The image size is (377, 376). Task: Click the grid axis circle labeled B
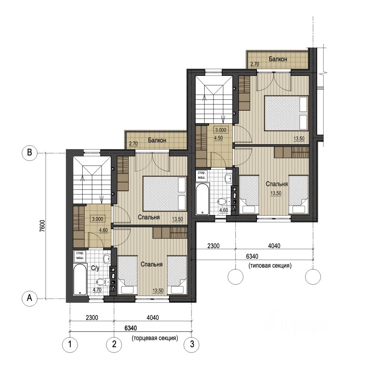(x=30, y=152)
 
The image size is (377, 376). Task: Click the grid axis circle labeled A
(x=30, y=298)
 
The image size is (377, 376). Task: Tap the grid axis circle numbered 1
(x=70, y=345)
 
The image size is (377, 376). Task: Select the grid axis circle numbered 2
(x=114, y=345)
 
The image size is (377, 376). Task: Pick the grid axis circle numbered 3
(x=191, y=345)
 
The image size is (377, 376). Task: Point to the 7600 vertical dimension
(x=42, y=226)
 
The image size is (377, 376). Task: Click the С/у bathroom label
(x=95, y=268)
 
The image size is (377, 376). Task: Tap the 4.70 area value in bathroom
(x=97, y=290)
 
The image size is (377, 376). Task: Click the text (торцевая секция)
(x=155, y=338)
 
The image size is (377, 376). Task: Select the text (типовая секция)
(x=270, y=266)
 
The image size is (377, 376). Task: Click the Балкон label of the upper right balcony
(x=278, y=59)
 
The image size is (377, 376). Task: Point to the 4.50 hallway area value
(x=218, y=138)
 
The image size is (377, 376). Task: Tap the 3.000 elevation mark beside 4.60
(x=98, y=219)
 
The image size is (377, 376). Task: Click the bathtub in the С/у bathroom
(x=80, y=280)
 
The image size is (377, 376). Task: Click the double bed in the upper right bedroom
(x=286, y=113)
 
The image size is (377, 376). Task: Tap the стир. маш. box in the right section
(x=202, y=175)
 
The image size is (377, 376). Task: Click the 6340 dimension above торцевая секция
(x=131, y=328)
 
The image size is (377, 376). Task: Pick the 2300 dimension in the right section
(x=214, y=246)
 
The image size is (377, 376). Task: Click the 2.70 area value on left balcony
(x=134, y=144)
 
